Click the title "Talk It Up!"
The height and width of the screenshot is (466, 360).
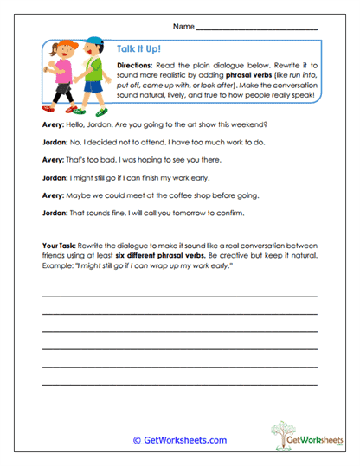136,50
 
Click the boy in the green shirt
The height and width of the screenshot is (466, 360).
89,74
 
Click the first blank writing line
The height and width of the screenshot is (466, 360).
179,297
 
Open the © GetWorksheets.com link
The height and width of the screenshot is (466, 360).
179,440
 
